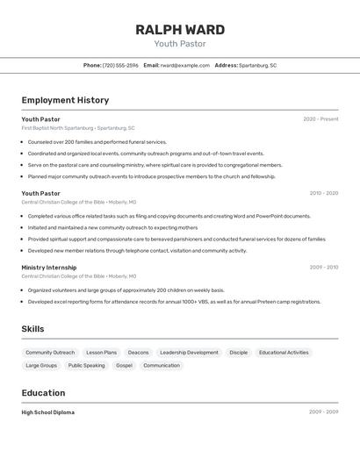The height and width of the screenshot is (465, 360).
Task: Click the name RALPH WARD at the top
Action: click(x=179, y=30)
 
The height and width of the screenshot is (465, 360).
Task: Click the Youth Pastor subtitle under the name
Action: click(x=179, y=44)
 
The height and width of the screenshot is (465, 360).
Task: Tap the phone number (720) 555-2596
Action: click(x=120, y=65)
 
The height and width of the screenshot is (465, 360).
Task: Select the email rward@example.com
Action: click(x=184, y=65)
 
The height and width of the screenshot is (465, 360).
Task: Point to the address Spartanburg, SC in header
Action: click(x=257, y=65)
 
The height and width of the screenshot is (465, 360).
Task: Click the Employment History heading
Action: click(x=65, y=100)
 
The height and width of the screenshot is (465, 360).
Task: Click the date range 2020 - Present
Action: click(x=320, y=119)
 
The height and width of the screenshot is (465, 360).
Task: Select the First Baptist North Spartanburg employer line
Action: click(x=78, y=128)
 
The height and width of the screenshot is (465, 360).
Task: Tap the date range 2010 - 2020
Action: click(x=323, y=193)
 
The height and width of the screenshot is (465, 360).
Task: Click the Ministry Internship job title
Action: click(x=49, y=267)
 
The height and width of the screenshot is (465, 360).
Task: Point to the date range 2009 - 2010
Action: click(x=323, y=267)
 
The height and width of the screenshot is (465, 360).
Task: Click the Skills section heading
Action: click(x=33, y=329)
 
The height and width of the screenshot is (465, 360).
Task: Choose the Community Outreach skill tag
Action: click(x=50, y=353)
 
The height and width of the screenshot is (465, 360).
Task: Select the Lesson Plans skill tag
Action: click(x=101, y=353)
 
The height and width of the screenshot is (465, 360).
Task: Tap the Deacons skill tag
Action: click(x=138, y=353)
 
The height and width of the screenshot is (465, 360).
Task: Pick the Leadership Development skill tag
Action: click(x=189, y=353)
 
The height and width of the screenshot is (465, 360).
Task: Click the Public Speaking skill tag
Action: click(x=86, y=366)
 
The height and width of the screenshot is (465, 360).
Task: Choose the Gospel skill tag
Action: click(x=124, y=366)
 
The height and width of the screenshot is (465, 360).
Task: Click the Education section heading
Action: click(x=43, y=393)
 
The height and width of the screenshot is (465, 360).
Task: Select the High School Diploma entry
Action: click(x=48, y=412)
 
